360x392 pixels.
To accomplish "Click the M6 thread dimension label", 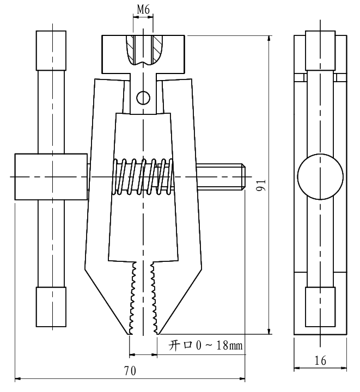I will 143,9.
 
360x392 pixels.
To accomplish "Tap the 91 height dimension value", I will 261,185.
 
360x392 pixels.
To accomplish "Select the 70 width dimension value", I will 130,371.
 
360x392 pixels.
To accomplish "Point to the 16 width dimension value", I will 320,360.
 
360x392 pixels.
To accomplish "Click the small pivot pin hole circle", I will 143,97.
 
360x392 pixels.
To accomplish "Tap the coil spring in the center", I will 143,176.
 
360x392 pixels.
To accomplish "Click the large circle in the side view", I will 320,176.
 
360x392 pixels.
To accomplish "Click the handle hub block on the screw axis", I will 51,176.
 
